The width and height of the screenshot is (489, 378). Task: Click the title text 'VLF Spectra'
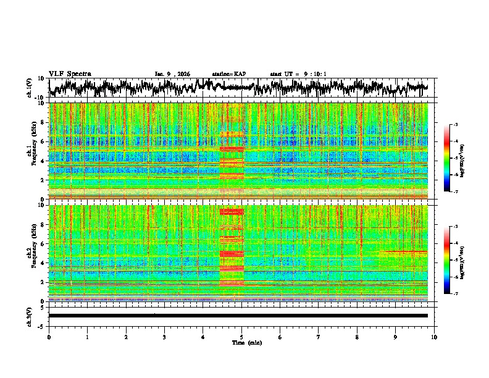tap(70, 73)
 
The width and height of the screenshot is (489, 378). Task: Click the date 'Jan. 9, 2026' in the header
tap(173, 74)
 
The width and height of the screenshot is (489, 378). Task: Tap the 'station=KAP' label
tap(228, 74)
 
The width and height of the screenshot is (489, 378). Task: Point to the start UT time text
tap(298, 74)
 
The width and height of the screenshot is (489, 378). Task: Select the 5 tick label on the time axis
tap(241, 337)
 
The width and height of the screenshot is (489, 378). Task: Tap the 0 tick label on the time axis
tap(49, 337)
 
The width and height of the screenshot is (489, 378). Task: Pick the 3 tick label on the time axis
tap(164, 337)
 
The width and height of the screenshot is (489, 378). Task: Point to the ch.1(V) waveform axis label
tap(30, 88)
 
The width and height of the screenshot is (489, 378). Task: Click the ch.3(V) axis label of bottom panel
tap(30, 316)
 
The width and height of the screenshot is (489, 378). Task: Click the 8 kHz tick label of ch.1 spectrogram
tap(42, 122)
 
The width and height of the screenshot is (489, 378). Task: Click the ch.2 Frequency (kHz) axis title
tap(30, 253)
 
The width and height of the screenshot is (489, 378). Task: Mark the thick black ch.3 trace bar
tap(238, 316)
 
